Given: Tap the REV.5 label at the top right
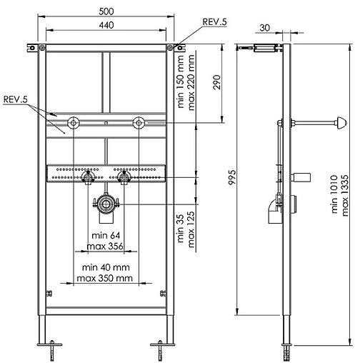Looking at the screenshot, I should (x=214, y=23).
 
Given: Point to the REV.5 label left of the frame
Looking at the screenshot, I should (x=15, y=99).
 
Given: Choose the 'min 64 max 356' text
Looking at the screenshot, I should (x=106, y=241).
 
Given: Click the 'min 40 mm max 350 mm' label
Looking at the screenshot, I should (x=106, y=272).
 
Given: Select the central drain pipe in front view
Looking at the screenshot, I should (x=106, y=205).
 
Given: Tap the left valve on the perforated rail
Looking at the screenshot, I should (x=88, y=175).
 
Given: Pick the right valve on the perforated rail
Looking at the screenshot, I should (x=124, y=175).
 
